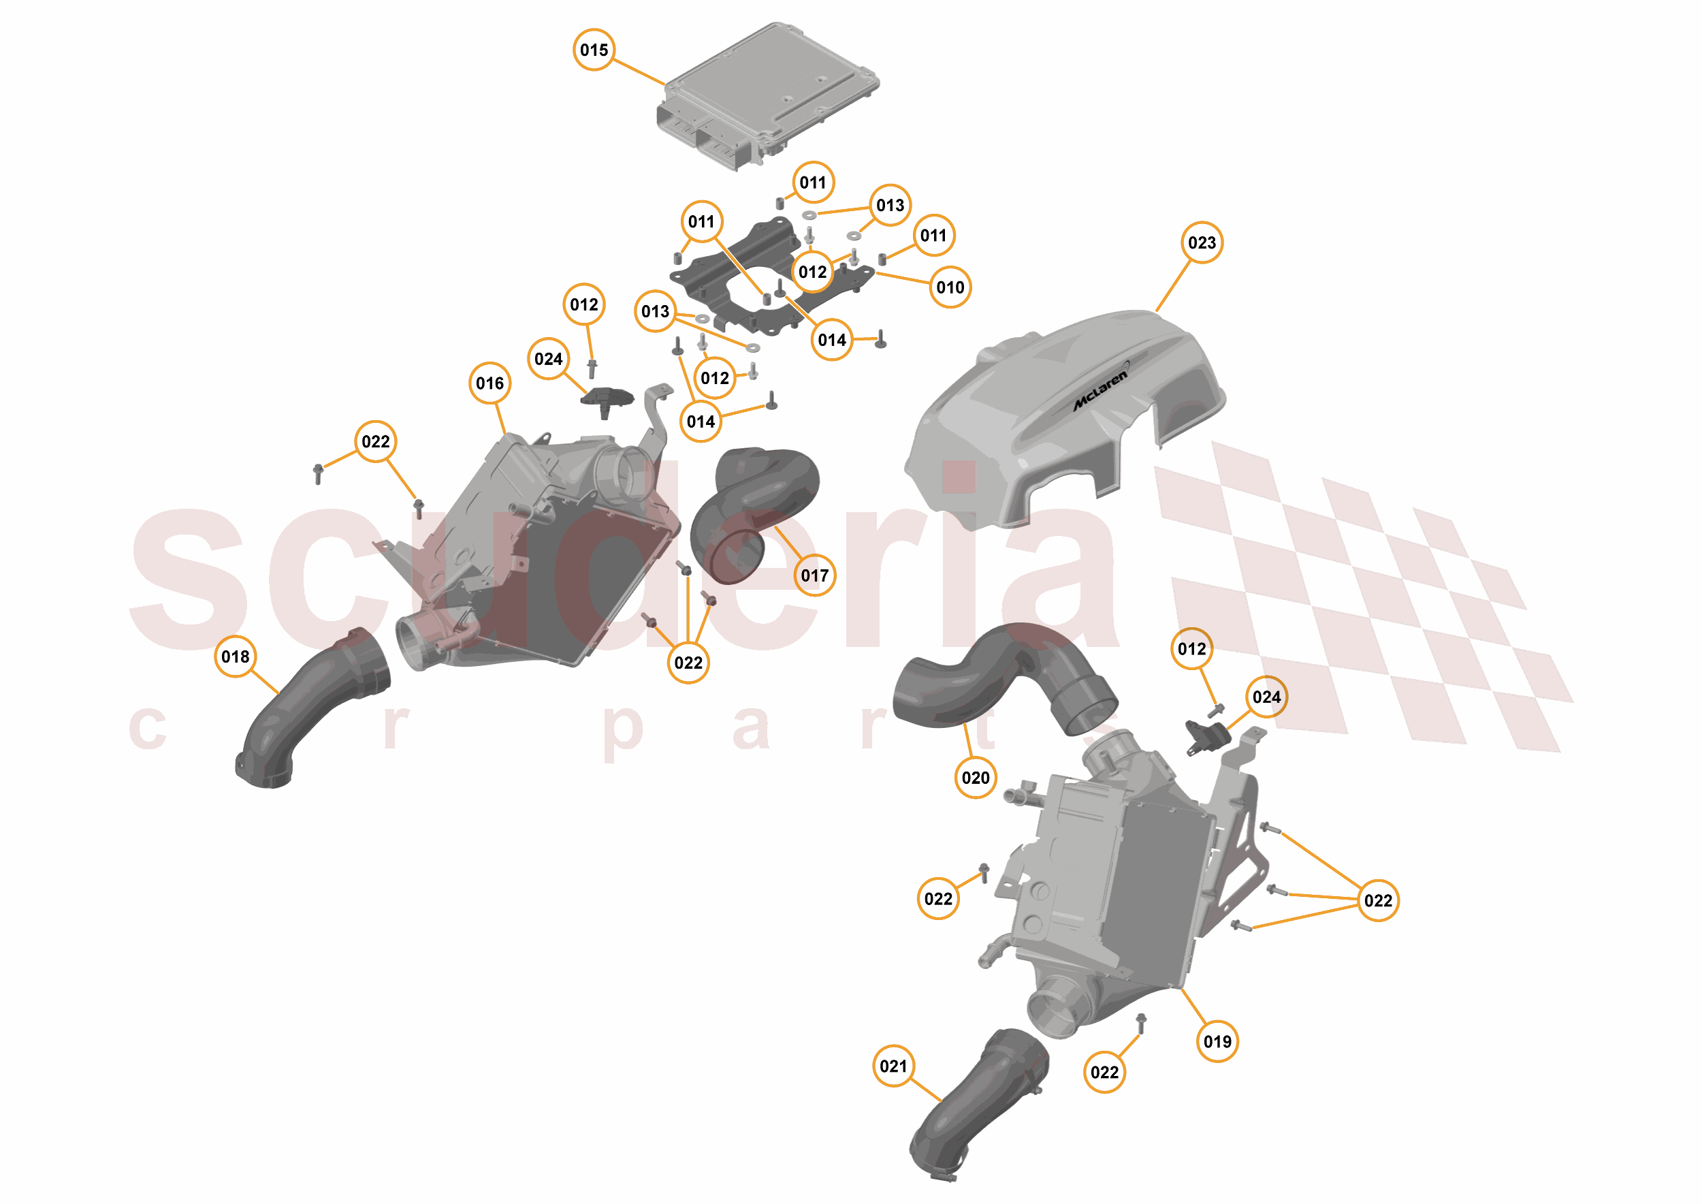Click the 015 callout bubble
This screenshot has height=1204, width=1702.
click(x=594, y=50)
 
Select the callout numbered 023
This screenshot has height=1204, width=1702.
click(x=1202, y=242)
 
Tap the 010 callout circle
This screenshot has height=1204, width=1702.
click(x=950, y=287)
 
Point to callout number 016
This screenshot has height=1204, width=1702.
click(x=490, y=383)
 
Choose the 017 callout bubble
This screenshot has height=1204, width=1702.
click(x=815, y=575)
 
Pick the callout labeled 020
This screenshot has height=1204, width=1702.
click(x=976, y=778)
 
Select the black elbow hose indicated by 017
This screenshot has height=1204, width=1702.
click(x=756, y=511)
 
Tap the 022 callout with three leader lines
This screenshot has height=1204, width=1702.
click(x=1378, y=900)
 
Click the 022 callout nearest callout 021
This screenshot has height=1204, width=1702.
click(x=1104, y=1072)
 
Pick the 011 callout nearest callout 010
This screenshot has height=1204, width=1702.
click(x=933, y=236)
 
